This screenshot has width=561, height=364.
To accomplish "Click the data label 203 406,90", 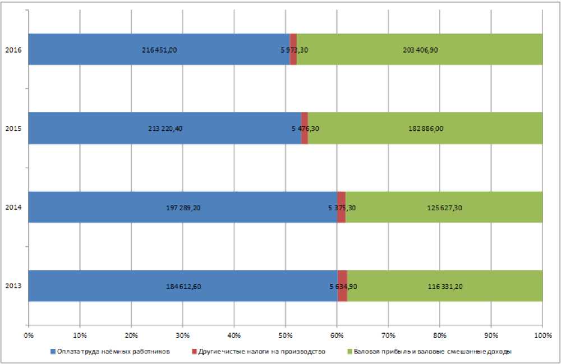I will coord(420,50).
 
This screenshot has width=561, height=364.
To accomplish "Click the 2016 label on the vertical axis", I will coord(13,50).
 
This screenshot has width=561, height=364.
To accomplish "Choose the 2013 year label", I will coord(13,287).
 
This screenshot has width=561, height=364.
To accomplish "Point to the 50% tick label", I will coord(285,335).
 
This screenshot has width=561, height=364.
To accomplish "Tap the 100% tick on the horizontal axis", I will coord(542,335).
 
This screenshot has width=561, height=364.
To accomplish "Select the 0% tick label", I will coord(28,335).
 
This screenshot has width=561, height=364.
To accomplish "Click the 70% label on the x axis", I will coord(388,335).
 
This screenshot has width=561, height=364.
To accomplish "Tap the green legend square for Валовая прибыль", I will coord(350,352).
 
